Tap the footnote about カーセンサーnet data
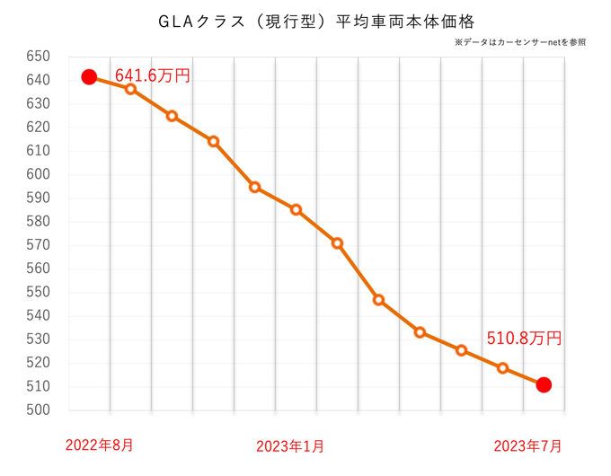click(x=520, y=42)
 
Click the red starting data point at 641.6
click(x=89, y=77)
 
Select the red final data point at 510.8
click(x=544, y=385)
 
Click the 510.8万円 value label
click(x=524, y=339)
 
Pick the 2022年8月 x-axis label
click(x=100, y=445)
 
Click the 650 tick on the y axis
click(x=40, y=57)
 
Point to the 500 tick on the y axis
click(x=40, y=410)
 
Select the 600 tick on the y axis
click(x=40, y=174)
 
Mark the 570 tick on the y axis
click(x=40, y=245)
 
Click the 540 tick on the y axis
click(x=40, y=316)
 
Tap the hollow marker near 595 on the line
click(x=254, y=188)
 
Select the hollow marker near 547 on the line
click(x=378, y=300)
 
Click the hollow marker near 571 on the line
click(x=337, y=243)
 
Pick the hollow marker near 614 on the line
click(x=213, y=141)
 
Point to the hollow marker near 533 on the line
click(x=420, y=332)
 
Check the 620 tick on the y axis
click(x=40, y=128)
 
